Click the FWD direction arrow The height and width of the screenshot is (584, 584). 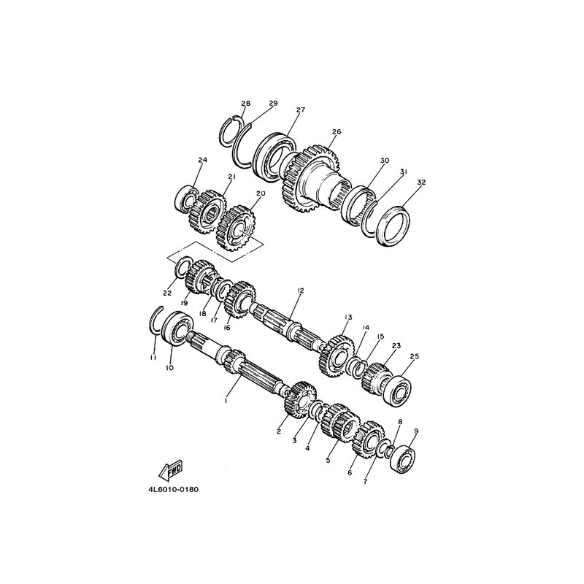[170, 469]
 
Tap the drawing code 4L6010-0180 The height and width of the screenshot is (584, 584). [173, 489]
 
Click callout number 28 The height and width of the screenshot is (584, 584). [246, 103]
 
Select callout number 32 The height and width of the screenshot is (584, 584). [421, 182]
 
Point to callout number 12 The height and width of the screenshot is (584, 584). [301, 290]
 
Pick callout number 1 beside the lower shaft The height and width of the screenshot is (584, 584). [226, 400]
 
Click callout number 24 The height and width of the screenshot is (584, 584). [203, 160]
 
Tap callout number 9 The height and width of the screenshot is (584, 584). [416, 431]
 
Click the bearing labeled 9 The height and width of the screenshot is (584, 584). [403, 459]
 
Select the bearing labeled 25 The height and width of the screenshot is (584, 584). [397, 391]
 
